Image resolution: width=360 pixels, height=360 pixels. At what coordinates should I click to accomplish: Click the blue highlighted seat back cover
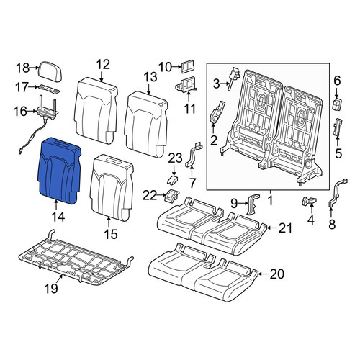coord(59,170)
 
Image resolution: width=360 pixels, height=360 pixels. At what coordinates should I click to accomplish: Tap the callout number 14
coord(58,217)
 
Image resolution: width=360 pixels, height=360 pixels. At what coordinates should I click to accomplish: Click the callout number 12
coord(103,64)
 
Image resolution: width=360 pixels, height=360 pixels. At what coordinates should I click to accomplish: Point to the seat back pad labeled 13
coord(146,125)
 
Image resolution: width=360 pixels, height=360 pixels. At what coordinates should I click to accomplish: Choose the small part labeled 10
coord(188,66)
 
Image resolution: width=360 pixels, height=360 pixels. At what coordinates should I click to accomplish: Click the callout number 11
coord(189,109)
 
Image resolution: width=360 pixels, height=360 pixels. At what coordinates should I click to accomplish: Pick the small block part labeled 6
coord(337,104)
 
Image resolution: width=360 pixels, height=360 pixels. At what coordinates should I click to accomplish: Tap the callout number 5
coord(338,153)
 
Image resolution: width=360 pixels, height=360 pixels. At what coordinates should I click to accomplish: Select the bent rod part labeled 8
coord(336,193)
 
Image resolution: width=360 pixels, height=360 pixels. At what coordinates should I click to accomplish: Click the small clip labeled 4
coord(309,201)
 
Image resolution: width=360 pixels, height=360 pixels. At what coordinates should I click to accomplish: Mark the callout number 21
coord(285,228)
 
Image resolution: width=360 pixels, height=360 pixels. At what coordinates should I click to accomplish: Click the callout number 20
coord(277,274)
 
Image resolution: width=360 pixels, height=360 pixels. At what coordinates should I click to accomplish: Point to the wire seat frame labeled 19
coord(76,261)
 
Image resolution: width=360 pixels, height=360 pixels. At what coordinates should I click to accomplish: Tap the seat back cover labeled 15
coord(112,188)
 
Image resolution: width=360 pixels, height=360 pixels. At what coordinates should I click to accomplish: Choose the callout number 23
coord(175,158)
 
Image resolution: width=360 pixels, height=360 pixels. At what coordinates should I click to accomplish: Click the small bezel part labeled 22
coord(173,195)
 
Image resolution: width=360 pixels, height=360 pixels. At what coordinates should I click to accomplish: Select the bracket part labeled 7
coord(194,155)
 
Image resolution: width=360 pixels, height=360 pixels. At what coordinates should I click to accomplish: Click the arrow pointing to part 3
coord(225,84)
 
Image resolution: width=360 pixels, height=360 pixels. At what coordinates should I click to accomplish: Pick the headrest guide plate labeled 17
coord(49,89)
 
